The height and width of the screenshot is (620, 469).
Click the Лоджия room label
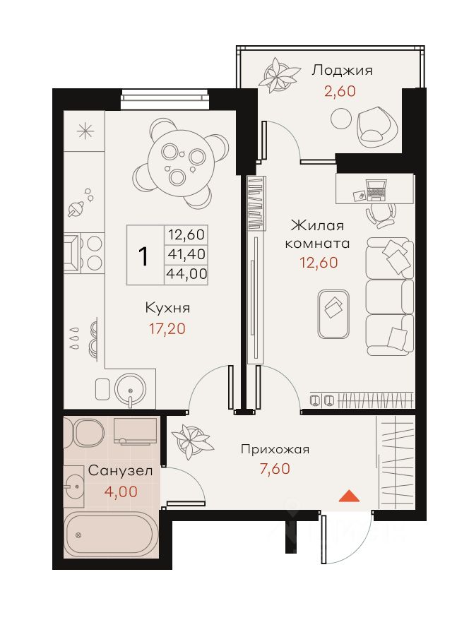(342, 71)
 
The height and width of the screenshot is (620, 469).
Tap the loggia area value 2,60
(340, 91)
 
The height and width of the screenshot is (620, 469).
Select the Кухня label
(167, 308)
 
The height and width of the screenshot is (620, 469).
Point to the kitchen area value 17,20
(167, 328)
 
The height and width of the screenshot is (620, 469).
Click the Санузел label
(120, 471)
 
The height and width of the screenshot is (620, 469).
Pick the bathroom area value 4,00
(121, 491)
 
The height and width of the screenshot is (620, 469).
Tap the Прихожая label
(275, 449)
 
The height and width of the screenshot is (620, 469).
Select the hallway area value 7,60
(275, 469)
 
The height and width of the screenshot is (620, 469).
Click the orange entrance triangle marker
(349, 496)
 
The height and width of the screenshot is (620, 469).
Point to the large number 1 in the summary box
(143, 256)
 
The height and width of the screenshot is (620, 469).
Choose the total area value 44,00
(186, 273)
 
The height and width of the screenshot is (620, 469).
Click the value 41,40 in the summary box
(186, 254)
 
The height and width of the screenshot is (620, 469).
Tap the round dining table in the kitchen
(180, 162)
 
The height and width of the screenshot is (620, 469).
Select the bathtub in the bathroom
(109, 535)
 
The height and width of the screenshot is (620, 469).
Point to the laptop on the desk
(376, 191)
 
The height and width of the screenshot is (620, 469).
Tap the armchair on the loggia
(376, 126)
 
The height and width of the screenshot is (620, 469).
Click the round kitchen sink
(130, 390)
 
